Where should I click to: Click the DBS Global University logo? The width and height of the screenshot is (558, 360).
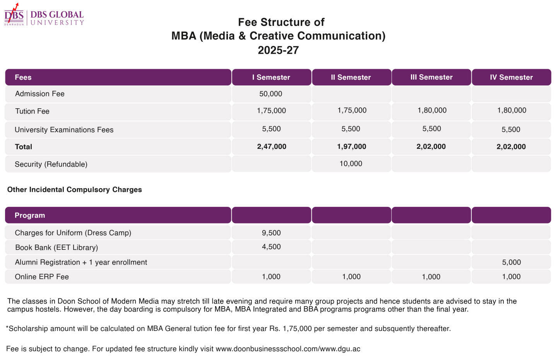coord(44,14)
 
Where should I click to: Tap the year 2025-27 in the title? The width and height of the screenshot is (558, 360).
coord(278,50)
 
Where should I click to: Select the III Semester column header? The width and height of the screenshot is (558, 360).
coord(431,77)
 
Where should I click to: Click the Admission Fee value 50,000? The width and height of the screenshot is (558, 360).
coord(271,94)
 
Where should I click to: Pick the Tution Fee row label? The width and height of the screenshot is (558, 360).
coord(33,111)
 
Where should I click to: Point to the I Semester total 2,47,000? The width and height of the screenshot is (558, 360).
coord(272,147)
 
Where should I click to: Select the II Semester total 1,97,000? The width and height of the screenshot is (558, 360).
coord(351,147)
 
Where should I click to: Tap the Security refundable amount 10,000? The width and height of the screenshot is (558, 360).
coord(351,164)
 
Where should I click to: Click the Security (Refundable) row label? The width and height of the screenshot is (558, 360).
coord(51,164)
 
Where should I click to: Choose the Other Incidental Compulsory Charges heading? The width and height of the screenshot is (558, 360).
coord(74,190)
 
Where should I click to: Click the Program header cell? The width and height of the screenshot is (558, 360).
coord(118,215)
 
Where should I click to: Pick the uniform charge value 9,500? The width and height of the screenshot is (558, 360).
coord(271,233)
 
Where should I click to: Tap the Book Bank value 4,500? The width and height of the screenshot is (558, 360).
coord(271,247)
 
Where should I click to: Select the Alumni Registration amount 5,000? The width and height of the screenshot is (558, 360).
coord(512,262)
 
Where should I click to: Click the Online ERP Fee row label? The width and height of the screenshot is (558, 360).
coord(42,276)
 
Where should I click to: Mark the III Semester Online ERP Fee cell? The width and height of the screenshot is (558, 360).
coord(431,276)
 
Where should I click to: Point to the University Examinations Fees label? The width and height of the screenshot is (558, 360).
coord(64,130)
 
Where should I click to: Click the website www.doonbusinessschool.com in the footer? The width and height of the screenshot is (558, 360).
coord(267,349)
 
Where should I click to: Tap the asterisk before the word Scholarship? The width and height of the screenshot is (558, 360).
coord(7,327)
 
